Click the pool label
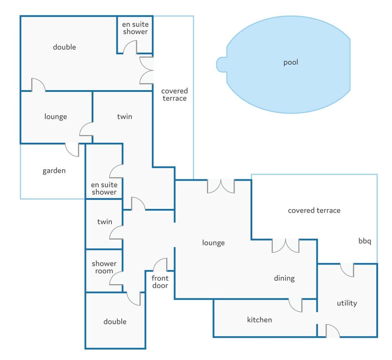(x=291, y=62)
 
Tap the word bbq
(x=365, y=241)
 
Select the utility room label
(x=347, y=303)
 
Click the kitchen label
(x=259, y=320)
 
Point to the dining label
(x=284, y=278)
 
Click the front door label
(x=160, y=282)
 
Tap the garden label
(x=54, y=171)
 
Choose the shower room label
(x=104, y=267)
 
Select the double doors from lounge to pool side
(x=221, y=186)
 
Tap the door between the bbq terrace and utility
(x=347, y=270)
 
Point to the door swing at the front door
(x=160, y=265)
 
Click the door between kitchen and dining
(x=295, y=305)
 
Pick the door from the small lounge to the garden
(x=72, y=149)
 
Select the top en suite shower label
(x=135, y=28)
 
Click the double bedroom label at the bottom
(x=115, y=322)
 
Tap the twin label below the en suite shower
(x=105, y=222)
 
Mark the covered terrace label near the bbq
(x=314, y=211)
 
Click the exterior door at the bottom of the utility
(x=332, y=331)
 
